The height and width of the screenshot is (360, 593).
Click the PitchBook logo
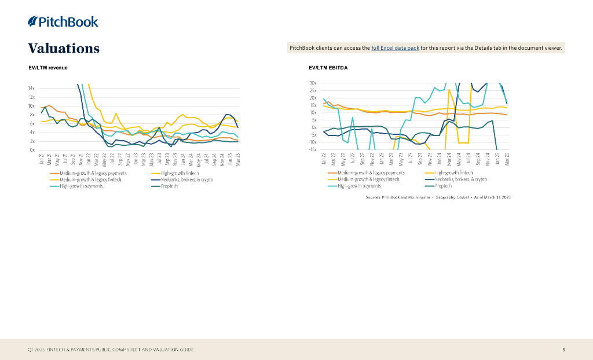(x=63, y=22)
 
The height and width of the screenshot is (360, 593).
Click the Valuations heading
(x=64, y=48)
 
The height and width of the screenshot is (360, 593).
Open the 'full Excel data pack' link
(x=395, y=48)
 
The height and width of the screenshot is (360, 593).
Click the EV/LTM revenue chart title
(x=48, y=68)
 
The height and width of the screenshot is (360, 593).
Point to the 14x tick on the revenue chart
(x=31, y=89)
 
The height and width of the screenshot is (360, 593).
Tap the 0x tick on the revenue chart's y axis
(x=32, y=150)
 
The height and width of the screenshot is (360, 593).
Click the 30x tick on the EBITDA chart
(x=313, y=83)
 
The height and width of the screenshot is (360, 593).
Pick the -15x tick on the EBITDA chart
(x=312, y=149)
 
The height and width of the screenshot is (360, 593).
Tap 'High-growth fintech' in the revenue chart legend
(x=180, y=173)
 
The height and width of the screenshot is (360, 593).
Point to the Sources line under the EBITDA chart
(x=438, y=197)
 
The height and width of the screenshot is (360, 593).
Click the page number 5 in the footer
(x=564, y=350)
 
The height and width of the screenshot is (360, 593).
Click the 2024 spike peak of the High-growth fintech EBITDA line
(x=449, y=90)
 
